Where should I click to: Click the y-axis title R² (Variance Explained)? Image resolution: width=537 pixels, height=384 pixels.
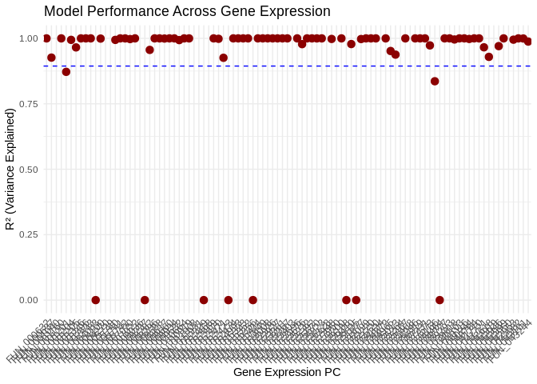(10, 169)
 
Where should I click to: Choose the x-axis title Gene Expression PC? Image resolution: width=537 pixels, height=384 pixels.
(287, 372)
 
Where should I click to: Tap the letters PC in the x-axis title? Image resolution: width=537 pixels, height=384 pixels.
(332, 372)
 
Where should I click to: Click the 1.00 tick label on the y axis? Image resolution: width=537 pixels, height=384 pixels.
(29, 38)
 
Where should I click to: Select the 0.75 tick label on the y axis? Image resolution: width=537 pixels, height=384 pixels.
(29, 104)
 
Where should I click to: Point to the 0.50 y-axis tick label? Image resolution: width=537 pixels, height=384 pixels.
(29, 170)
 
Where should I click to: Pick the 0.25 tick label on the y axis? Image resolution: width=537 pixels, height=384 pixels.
(29, 234)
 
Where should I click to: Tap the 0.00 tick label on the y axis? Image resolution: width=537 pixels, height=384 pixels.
(29, 300)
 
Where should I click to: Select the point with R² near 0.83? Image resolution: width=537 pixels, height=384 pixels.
(435, 81)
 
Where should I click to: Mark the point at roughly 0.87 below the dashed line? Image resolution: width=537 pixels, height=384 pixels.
(66, 72)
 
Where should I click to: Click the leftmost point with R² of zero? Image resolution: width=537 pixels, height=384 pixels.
(96, 300)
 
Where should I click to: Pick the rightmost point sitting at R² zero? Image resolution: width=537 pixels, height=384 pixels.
(440, 300)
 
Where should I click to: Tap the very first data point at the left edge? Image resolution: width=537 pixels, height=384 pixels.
(46, 38)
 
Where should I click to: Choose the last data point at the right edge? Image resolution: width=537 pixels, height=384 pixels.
(528, 42)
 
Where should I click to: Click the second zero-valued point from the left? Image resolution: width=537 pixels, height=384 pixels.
(145, 300)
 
